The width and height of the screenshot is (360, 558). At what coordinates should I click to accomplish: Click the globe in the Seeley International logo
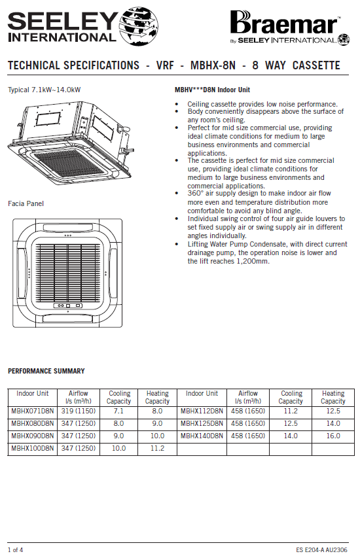click(139, 26)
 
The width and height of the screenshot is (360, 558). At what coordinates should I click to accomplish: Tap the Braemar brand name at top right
click(284, 23)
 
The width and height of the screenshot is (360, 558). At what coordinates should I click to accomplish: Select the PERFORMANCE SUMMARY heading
click(46, 371)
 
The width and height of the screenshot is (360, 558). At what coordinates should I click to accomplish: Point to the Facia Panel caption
click(26, 203)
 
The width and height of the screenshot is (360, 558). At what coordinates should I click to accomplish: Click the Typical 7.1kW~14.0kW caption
click(44, 90)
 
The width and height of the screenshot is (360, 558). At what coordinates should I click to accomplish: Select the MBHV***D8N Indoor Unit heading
click(212, 90)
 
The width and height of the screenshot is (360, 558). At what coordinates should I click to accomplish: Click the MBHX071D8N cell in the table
click(33, 411)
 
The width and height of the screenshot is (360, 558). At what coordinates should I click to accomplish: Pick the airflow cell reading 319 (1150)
click(79, 411)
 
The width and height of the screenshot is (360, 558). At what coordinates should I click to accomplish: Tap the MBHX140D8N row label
click(202, 436)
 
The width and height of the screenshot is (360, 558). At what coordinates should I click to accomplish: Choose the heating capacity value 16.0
click(333, 436)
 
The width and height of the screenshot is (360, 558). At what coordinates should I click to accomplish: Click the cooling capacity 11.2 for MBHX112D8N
click(291, 411)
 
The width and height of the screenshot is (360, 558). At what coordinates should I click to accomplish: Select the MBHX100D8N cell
click(33, 448)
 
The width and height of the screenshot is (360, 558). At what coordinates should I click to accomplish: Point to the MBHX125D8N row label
click(202, 423)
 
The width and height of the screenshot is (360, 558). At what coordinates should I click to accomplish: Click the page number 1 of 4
click(15, 549)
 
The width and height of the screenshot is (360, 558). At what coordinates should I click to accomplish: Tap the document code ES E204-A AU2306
click(321, 549)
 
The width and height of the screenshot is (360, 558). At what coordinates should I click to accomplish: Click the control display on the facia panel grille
click(67, 305)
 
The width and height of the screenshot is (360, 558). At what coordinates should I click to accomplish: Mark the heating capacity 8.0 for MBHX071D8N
click(157, 411)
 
